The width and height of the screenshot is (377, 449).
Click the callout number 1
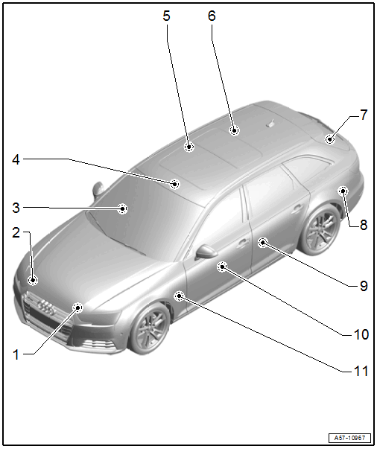pyautogui.click(x=16, y=354)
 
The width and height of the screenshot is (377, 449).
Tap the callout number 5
pyautogui.click(x=166, y=16)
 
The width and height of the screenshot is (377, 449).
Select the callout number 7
pyautogui.click(x=364, y=115)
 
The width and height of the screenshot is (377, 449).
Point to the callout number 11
pyautogui.click(x=361, y=371)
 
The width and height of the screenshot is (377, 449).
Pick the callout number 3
pyautogui.click(x=16, y=208)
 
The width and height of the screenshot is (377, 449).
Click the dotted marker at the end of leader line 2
pyautogui.click(x=33, y=280)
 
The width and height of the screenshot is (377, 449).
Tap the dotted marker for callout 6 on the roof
pyautogui.click(x=235, y=130)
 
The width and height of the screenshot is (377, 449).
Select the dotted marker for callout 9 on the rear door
pyautogui.click(x=263, y=243)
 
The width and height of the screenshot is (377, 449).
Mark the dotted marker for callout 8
pyautogui.click(x=343, y=191)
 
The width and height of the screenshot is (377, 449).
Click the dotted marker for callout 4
pyautogui.click(x=174, y=184)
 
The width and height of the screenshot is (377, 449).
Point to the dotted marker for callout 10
pyautogui.click(x=222, y=267)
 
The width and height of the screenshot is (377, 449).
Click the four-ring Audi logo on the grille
pyautogui.click(x=46, y=308)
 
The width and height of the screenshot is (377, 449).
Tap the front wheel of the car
pyautogui.click(x=150, y=328)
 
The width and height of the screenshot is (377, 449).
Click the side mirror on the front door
pyautogui.click(x=207, y=252)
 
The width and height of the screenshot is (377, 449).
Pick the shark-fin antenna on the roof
pyautogui.click(x=270, y=123)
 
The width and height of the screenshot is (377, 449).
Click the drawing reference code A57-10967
pyautogui.click(x=349, y=438)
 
